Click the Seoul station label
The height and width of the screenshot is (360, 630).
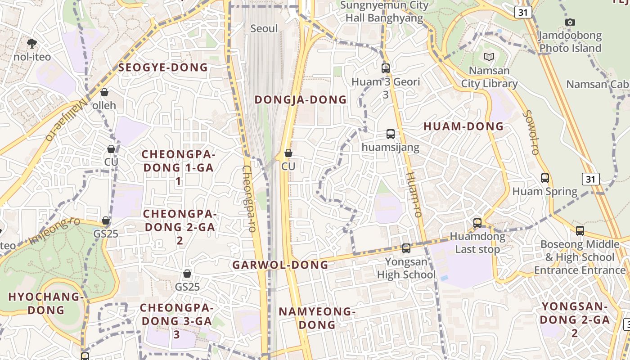(264, 28)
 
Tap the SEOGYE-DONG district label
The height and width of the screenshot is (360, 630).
(163, 67)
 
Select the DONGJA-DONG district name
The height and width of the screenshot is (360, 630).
(301, 99)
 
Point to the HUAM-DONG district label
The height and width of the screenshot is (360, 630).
(463, 126)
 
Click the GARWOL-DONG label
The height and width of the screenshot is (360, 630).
(280, 265)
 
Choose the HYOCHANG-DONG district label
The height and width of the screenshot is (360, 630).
(46, 303)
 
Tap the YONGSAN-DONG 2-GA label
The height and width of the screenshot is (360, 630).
(575, 319)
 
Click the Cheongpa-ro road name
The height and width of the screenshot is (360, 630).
(249, 198)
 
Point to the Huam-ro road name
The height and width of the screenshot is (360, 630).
(414, 194)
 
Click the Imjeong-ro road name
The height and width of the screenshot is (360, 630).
(55, 230)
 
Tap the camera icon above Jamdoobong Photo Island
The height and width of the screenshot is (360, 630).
(570, 22)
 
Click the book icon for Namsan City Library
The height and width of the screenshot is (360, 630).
(489, 57)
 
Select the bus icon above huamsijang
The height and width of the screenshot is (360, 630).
(390, 134)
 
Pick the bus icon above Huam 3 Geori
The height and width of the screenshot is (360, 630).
(386, 68)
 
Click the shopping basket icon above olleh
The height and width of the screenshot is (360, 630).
(104, 92)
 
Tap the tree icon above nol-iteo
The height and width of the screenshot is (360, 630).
(32, 43)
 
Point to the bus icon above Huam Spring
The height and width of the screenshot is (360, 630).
(545, 178)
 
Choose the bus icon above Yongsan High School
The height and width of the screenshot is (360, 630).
(406, 248)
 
